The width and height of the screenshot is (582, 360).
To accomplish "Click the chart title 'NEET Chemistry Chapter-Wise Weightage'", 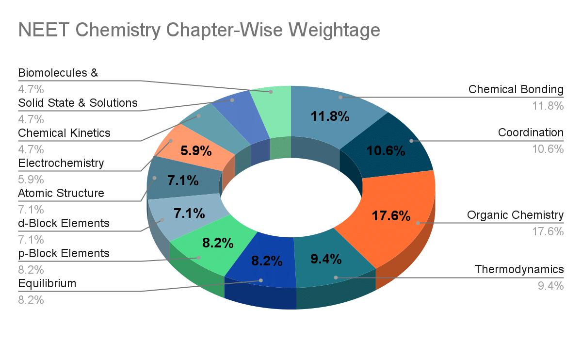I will (199, 30).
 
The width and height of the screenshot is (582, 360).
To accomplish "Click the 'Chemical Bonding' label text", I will (516, 90).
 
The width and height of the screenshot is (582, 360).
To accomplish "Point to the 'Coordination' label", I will (531, 133).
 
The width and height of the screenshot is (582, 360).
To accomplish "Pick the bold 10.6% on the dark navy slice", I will (386, 151).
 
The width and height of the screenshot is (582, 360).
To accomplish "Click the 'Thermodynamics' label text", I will (519, 269).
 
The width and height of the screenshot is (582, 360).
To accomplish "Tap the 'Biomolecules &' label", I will (58, 73).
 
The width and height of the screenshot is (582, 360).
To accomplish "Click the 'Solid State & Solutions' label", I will (78, 103).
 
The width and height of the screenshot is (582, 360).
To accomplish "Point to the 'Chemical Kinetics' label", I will (64, 133).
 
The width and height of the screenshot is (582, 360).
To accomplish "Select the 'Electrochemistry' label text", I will (61, 163).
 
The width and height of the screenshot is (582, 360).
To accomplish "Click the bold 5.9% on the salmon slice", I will (196, 151).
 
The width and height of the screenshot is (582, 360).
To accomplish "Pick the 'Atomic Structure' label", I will (61, 193).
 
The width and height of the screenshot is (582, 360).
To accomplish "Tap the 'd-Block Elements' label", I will (64, 223).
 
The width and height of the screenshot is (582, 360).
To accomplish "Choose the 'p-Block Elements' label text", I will (64, 253).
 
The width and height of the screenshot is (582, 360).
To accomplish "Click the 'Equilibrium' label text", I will (47, 283).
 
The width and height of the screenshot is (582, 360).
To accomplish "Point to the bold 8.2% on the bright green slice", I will (218, 243).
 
